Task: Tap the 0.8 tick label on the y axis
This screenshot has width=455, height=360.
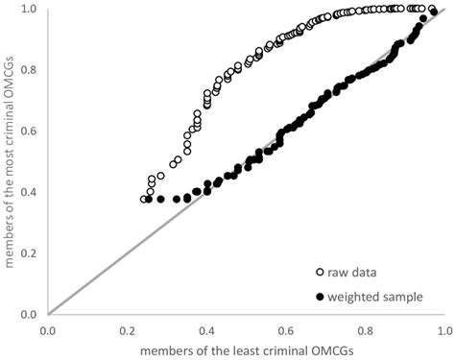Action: coord(33,70)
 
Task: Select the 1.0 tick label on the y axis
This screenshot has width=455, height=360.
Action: coord(33,9)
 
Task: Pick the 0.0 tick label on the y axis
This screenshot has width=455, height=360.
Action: coord(33,314)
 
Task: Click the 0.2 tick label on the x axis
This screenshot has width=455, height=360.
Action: coord(127,329)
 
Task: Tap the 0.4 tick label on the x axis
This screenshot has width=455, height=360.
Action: coord(205,329)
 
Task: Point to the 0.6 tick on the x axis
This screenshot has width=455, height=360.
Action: coord(284,329)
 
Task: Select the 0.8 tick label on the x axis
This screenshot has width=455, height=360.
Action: coord(363,329)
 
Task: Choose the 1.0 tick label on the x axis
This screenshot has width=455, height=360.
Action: coord(442,329)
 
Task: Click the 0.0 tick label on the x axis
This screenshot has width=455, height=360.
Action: coord(48,329)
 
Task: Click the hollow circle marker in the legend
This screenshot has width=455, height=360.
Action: coord(317,274)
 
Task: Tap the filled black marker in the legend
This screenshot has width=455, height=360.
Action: coord(317,297)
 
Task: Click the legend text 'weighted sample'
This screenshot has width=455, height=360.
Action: coord(374,297)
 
